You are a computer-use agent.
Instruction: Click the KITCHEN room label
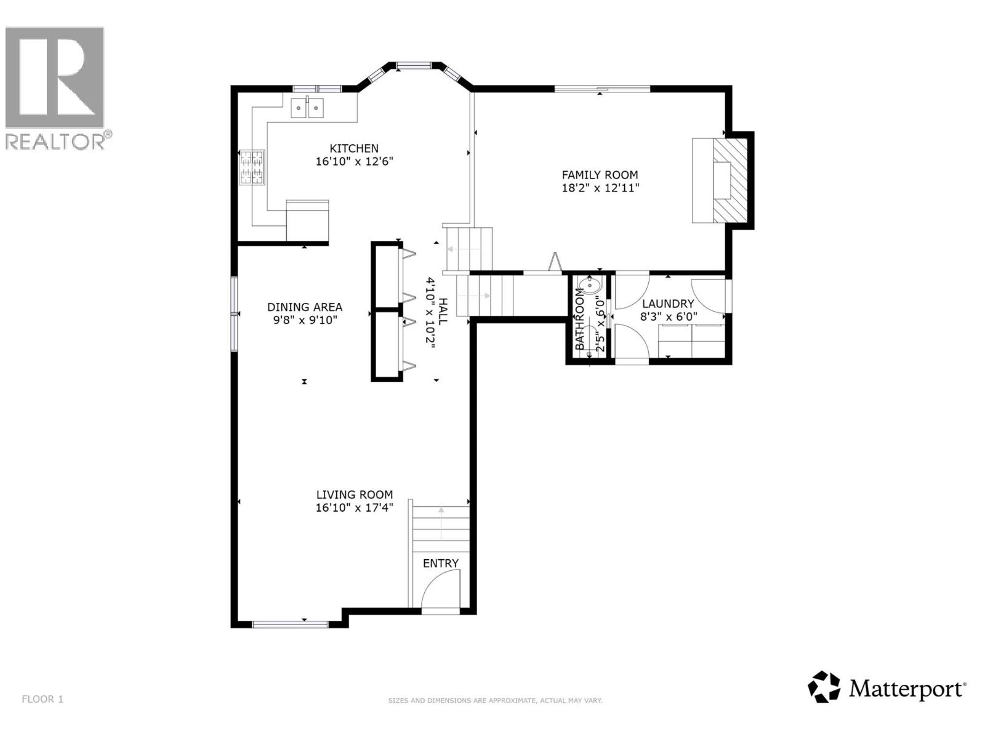point(354,148)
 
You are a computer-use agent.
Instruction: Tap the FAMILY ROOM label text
point(600,175)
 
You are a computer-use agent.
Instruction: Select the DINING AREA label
point(305,307)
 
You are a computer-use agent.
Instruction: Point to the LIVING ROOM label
point(354,495)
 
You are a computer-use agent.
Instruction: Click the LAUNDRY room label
point(668,304)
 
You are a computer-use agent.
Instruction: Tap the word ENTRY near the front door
point(440,563)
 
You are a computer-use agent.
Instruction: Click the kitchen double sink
point(307,108)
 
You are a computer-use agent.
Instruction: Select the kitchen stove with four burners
point(252,168)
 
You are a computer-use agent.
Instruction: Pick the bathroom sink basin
point(589,285)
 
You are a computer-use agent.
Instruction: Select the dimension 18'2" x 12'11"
point(600,188)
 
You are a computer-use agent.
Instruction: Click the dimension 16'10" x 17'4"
point(354,508)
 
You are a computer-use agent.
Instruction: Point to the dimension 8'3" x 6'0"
point(668,317)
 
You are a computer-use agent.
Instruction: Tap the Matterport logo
point(886,687)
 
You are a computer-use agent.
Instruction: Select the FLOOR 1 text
point(42,699)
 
